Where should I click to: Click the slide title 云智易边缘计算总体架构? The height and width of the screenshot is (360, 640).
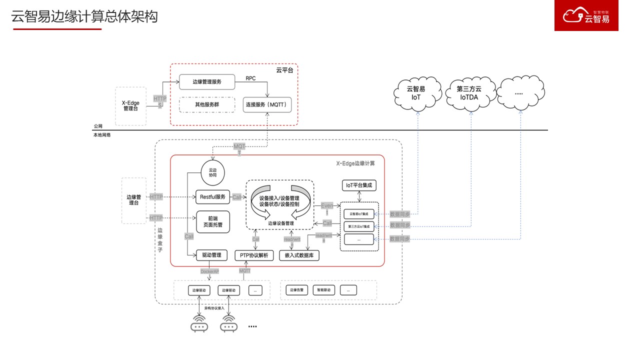(84, 16)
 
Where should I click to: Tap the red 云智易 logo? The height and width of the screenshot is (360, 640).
(586, 15)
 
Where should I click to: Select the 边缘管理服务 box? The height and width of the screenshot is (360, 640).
(207, 81)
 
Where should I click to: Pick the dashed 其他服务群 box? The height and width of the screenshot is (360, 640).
(207, 105)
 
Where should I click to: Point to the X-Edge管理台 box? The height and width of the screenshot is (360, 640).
(130, 106)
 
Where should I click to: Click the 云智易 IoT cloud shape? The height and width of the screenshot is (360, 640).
(416, 93)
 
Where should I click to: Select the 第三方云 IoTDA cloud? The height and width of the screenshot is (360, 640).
(469, 93)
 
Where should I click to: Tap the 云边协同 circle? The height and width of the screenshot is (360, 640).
(213, 172)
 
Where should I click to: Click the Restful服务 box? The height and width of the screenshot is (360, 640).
(212, 197)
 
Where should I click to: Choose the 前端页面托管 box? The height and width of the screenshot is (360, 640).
(212, 221)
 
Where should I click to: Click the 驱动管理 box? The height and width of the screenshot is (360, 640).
(211, 255)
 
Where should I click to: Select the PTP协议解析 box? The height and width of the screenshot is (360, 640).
(253, 255)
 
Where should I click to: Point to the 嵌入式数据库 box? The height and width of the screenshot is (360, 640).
(299, 255)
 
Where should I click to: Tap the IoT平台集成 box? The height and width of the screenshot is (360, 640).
(359, 185)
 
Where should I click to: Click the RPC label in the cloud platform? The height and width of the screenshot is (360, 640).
(250, 78)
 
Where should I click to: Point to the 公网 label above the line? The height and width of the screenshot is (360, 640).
(98, 126)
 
